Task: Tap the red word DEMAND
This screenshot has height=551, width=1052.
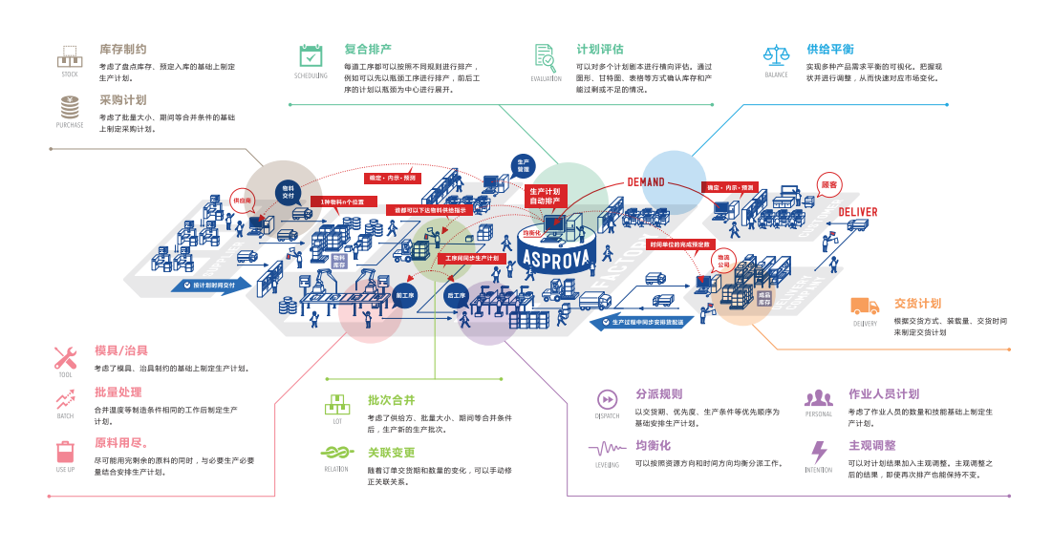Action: pos(645,182)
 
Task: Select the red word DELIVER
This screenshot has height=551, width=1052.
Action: pos(857,212)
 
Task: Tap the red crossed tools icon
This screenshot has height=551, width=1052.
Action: pos(65,358)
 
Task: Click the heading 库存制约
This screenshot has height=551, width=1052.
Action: pos(123,49)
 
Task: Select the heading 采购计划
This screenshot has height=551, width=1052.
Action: pos(123,99)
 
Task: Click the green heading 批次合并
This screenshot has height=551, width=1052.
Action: pos(392,400)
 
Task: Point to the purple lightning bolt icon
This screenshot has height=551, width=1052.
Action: pos(818,452)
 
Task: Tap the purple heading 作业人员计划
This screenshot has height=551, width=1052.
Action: pos(884,393)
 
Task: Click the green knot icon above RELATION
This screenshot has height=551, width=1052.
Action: pos(335,453)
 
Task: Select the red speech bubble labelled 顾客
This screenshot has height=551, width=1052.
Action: pos(829,184)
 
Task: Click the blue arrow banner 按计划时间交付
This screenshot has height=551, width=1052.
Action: pos(215,285)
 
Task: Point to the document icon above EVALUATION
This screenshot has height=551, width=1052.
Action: pos(545,55)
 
